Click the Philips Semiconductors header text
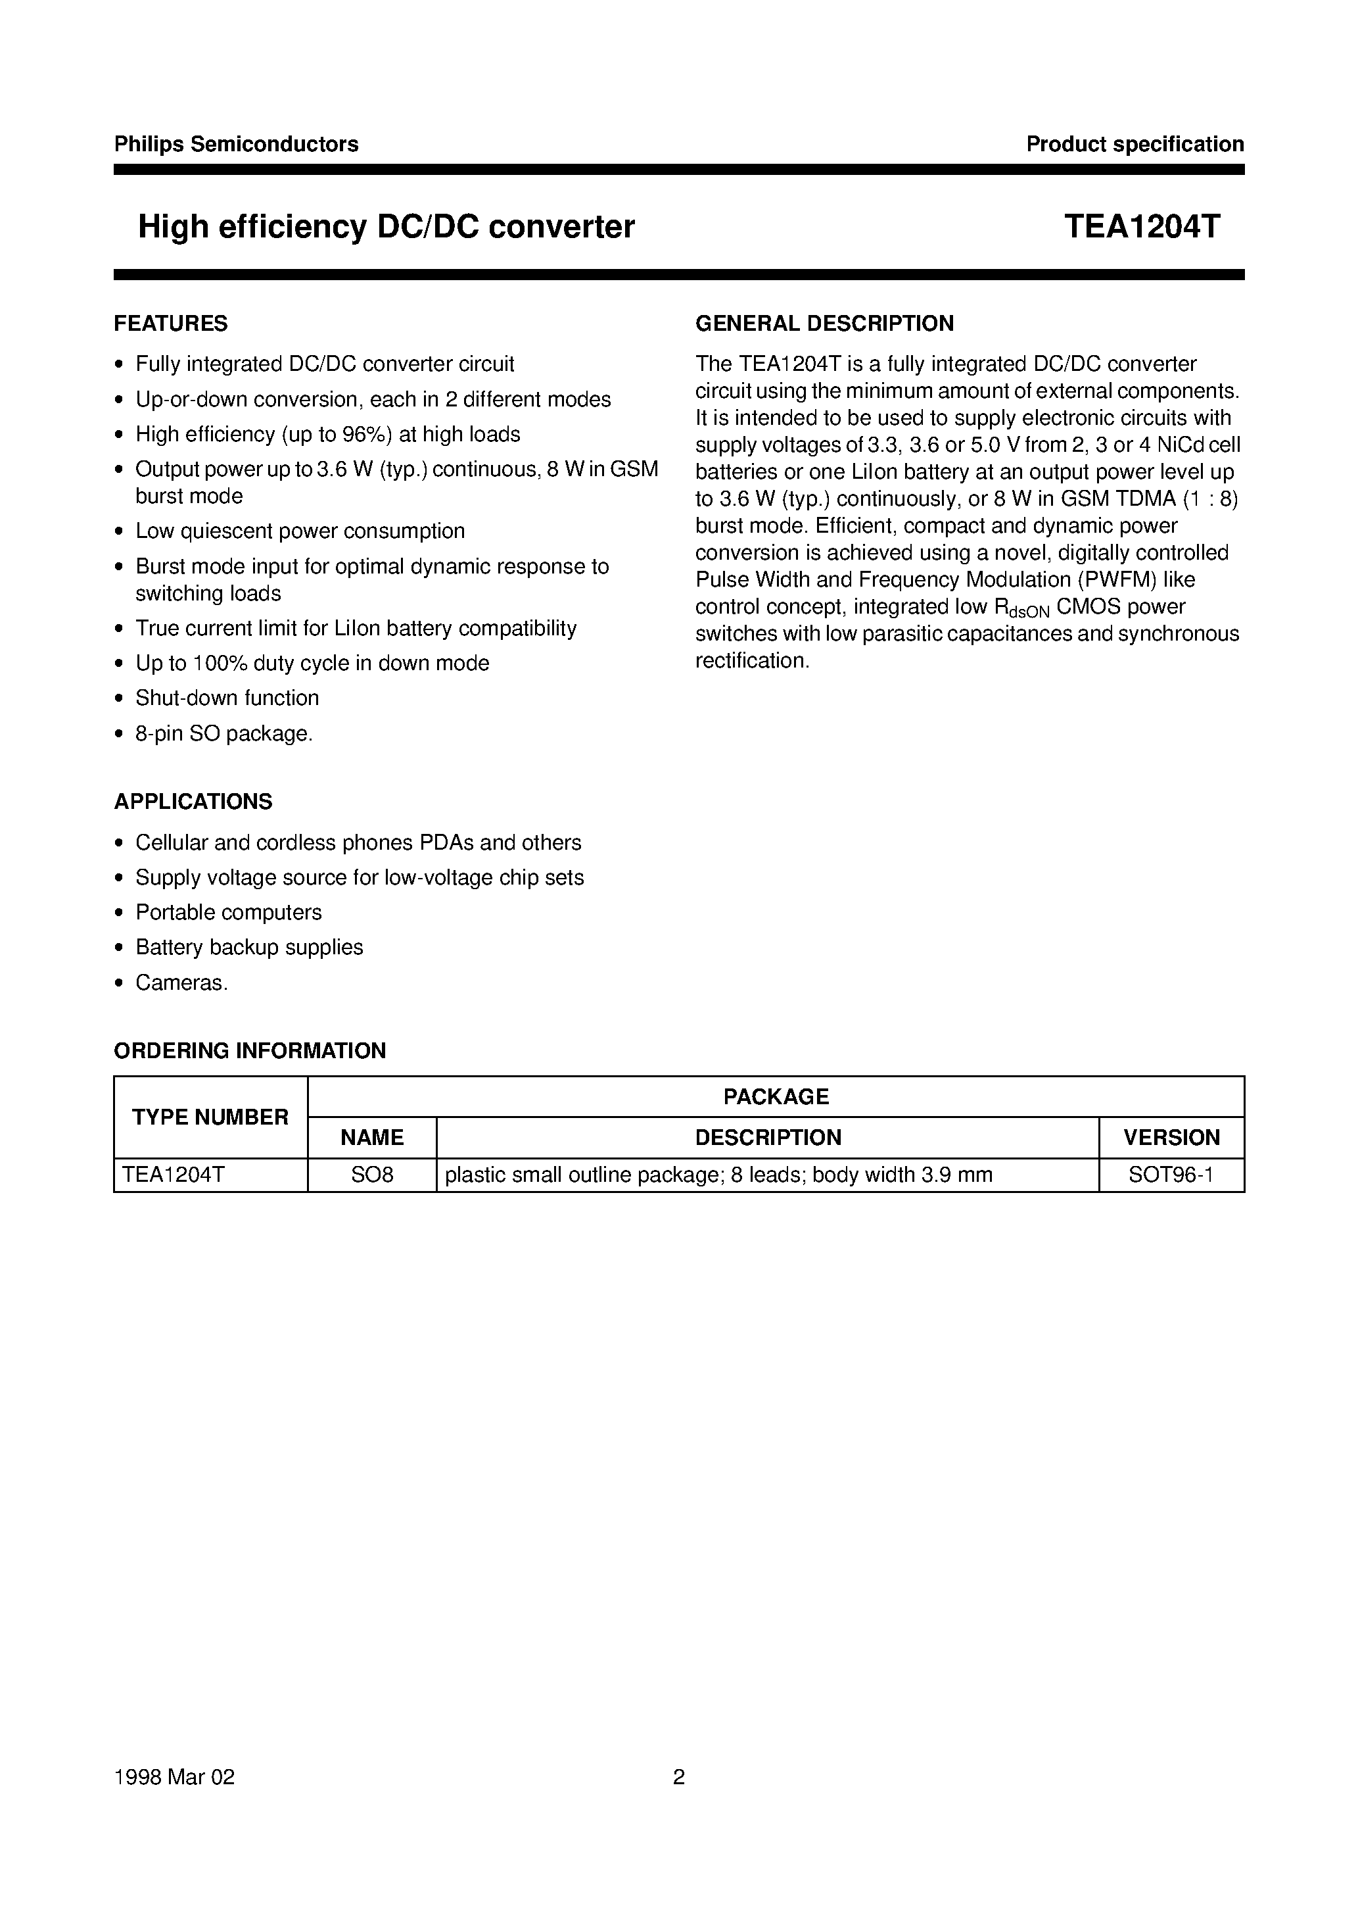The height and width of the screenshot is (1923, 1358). tap(236, 144)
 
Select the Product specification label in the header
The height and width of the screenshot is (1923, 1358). tap(1135, 144)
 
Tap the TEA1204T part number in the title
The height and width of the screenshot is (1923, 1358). tap(1142, 227)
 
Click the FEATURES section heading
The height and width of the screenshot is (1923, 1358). tap(171, 324)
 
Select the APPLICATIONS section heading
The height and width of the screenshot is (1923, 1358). tap(193, 802)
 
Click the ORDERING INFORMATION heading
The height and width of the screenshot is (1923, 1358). tap(250, 1050)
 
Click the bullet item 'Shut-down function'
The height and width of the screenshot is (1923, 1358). tap(227, 698)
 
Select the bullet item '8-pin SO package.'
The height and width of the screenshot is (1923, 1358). tap(223, 734)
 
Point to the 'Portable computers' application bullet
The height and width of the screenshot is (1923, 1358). tap(229, 912)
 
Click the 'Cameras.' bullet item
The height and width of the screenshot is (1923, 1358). tap(181, 983)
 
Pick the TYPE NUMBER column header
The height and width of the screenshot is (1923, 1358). tap(210, 1117)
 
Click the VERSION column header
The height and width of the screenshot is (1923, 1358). tap(1171, 1137)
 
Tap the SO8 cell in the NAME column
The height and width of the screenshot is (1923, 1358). tap(372, 1175)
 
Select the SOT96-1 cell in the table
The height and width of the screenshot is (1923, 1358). tap(1171, 1175)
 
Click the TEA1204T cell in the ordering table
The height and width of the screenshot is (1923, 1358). tap(174, 1175)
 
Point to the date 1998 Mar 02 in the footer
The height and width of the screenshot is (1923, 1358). tap(174, 1776)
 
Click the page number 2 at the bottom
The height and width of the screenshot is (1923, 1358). tap(679, 1776)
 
